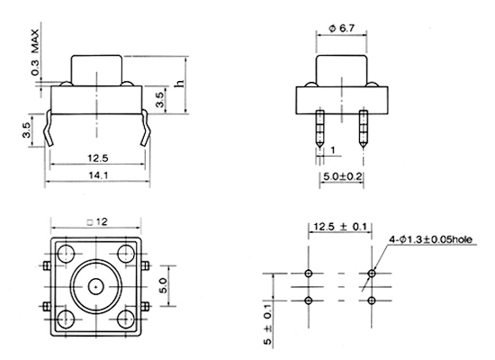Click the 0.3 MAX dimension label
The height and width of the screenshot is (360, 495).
[35, 52]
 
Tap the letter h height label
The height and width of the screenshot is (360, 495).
[179, 84]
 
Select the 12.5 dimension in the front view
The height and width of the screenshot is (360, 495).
[98, 157]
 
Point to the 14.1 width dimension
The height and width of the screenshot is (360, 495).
[98, 175]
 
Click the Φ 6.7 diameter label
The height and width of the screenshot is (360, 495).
[342, 29]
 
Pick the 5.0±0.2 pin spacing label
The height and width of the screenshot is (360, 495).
[343, 176]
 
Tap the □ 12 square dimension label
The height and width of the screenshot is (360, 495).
[97, 222]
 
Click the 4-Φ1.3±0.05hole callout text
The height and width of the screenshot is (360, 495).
[430, 239]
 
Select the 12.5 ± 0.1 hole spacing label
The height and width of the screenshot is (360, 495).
[340, 227]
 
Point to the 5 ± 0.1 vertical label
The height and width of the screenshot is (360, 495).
[267, 324]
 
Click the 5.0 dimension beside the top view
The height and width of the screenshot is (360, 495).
[164, 286]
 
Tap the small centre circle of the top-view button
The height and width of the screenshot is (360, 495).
[95, 287]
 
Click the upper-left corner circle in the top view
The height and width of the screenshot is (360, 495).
[66, 253]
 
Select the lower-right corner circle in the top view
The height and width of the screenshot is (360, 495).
[125, 319]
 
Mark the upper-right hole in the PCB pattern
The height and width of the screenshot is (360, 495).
[372, 274]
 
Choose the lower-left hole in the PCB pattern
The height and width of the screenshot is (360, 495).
[309, 301]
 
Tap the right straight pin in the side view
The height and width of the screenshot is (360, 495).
[364, 129]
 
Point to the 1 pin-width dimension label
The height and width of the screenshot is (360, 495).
[333, 150]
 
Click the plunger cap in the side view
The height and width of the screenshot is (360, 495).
[342, 71]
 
